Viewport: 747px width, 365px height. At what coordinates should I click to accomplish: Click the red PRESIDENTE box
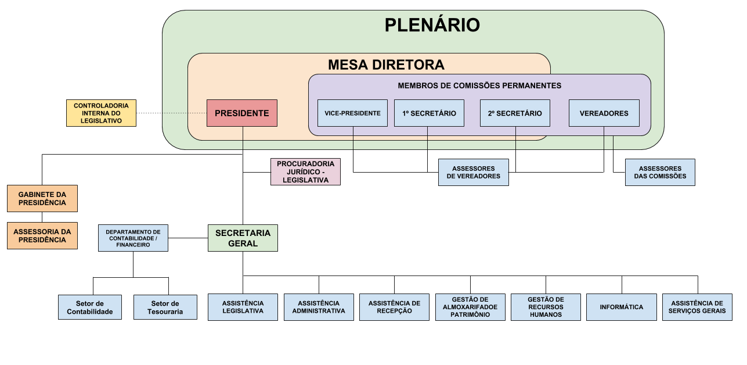(x=242, y=113)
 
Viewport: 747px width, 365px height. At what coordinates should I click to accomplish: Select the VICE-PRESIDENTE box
(x=353, y=113)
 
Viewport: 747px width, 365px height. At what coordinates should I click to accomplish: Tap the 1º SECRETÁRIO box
(x=429, y=113)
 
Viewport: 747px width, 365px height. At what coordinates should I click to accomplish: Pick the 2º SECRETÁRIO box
(x=515, y=113)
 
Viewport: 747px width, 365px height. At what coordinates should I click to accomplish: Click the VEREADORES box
(x=604, y=113)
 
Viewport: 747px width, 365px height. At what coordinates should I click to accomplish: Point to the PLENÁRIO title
(x=432, y=26)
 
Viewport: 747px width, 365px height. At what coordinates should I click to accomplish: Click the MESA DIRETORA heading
(x=386, y=65)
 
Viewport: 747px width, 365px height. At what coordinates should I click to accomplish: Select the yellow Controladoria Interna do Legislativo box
(x=101, y=113)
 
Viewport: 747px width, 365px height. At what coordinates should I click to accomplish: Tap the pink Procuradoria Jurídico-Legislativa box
(x=305, y=172)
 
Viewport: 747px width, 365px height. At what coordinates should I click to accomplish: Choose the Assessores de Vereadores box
(x=473, y=173)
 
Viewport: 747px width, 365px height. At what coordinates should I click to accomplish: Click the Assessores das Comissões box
(x=660, y=173)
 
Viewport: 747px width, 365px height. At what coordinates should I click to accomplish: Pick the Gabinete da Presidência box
(x=42, y=199)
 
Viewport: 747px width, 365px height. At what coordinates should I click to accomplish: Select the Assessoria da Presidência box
(x=42, y=235)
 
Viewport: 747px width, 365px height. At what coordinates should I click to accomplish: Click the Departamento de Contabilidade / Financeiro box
(x=133, y=238)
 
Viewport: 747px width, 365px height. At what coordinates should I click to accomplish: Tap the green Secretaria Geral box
(x=243, y=238)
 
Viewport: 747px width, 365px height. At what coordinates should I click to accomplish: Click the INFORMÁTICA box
(x=622, y=307)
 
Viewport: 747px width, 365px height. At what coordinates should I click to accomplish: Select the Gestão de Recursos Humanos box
(x=546, y=307)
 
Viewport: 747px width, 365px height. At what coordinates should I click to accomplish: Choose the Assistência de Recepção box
(x=394, y=307)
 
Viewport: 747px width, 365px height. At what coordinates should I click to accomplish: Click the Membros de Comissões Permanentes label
(x=479, y=85)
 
